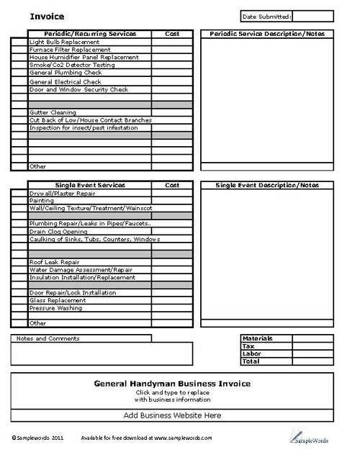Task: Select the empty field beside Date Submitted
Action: coord(312,16)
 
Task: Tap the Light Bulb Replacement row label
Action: coord(64,42)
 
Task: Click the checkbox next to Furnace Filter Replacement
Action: coord(19,50)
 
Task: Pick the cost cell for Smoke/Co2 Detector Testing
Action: coord(172,66)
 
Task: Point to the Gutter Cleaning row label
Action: coord(53,113)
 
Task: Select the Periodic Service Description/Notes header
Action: coord(266,34)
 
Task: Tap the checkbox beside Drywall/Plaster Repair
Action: coord(19,193)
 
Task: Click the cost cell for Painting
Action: coord(172,201)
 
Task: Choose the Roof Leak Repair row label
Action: coord(54,262)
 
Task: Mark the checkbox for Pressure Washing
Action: coord(19,308)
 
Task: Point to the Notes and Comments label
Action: coord(48,338)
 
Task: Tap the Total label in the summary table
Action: coord(251,361)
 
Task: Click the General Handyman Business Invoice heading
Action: coord(172,384)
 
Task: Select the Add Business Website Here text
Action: coord(172,415)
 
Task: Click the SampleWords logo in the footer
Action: coord(311,438)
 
